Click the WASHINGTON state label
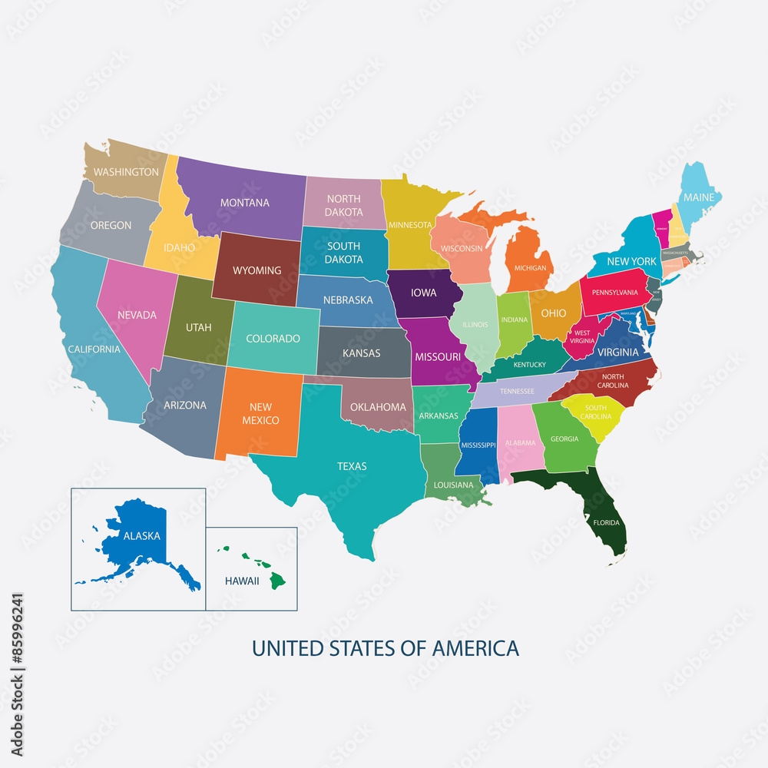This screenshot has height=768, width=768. tap(126, 172)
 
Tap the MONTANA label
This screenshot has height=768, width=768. tap(245, 203)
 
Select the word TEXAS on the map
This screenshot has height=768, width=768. tap(352, 466)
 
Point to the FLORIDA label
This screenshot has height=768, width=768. tap(606, 522)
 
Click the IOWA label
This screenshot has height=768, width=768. tap(424, 292)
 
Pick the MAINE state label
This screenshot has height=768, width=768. tap(699, 197)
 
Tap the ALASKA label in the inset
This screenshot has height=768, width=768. tap(141, 536)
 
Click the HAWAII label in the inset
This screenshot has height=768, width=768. tap(242, 581)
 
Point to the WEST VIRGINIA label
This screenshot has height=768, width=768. tap(582, 337)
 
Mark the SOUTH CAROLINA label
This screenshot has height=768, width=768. tap(595, 412)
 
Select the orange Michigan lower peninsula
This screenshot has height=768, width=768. tap(530, 261)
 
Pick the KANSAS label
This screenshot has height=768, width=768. tap(361, 353)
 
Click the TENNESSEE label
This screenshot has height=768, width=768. tap(517, 391)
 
